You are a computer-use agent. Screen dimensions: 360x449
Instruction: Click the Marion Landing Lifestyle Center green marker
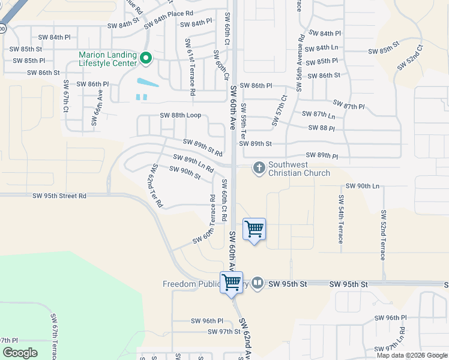tap(145, 59)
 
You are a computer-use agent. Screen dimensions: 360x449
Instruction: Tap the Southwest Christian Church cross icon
tap(259, 167)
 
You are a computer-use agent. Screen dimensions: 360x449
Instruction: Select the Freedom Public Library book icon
tap(258, 283)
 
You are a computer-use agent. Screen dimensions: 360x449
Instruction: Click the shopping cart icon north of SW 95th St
tap(254, 229)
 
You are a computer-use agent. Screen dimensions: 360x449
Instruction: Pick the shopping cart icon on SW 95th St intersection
tap(232, 282)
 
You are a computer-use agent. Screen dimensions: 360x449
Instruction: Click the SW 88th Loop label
tap(180, 115)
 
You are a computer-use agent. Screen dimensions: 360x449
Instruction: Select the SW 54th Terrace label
tap(341, 218)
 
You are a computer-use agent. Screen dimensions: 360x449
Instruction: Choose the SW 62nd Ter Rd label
tap(155, 185)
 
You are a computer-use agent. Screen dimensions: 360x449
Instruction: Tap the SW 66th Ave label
tap(95, 107)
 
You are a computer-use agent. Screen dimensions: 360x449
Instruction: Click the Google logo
tap(20, 352)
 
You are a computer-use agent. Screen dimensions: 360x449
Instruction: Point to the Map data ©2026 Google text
tap(411, 355)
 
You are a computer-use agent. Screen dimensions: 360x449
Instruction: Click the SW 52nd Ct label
tap(411, 56)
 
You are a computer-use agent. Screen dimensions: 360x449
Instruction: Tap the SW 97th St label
tap(224, 332)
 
